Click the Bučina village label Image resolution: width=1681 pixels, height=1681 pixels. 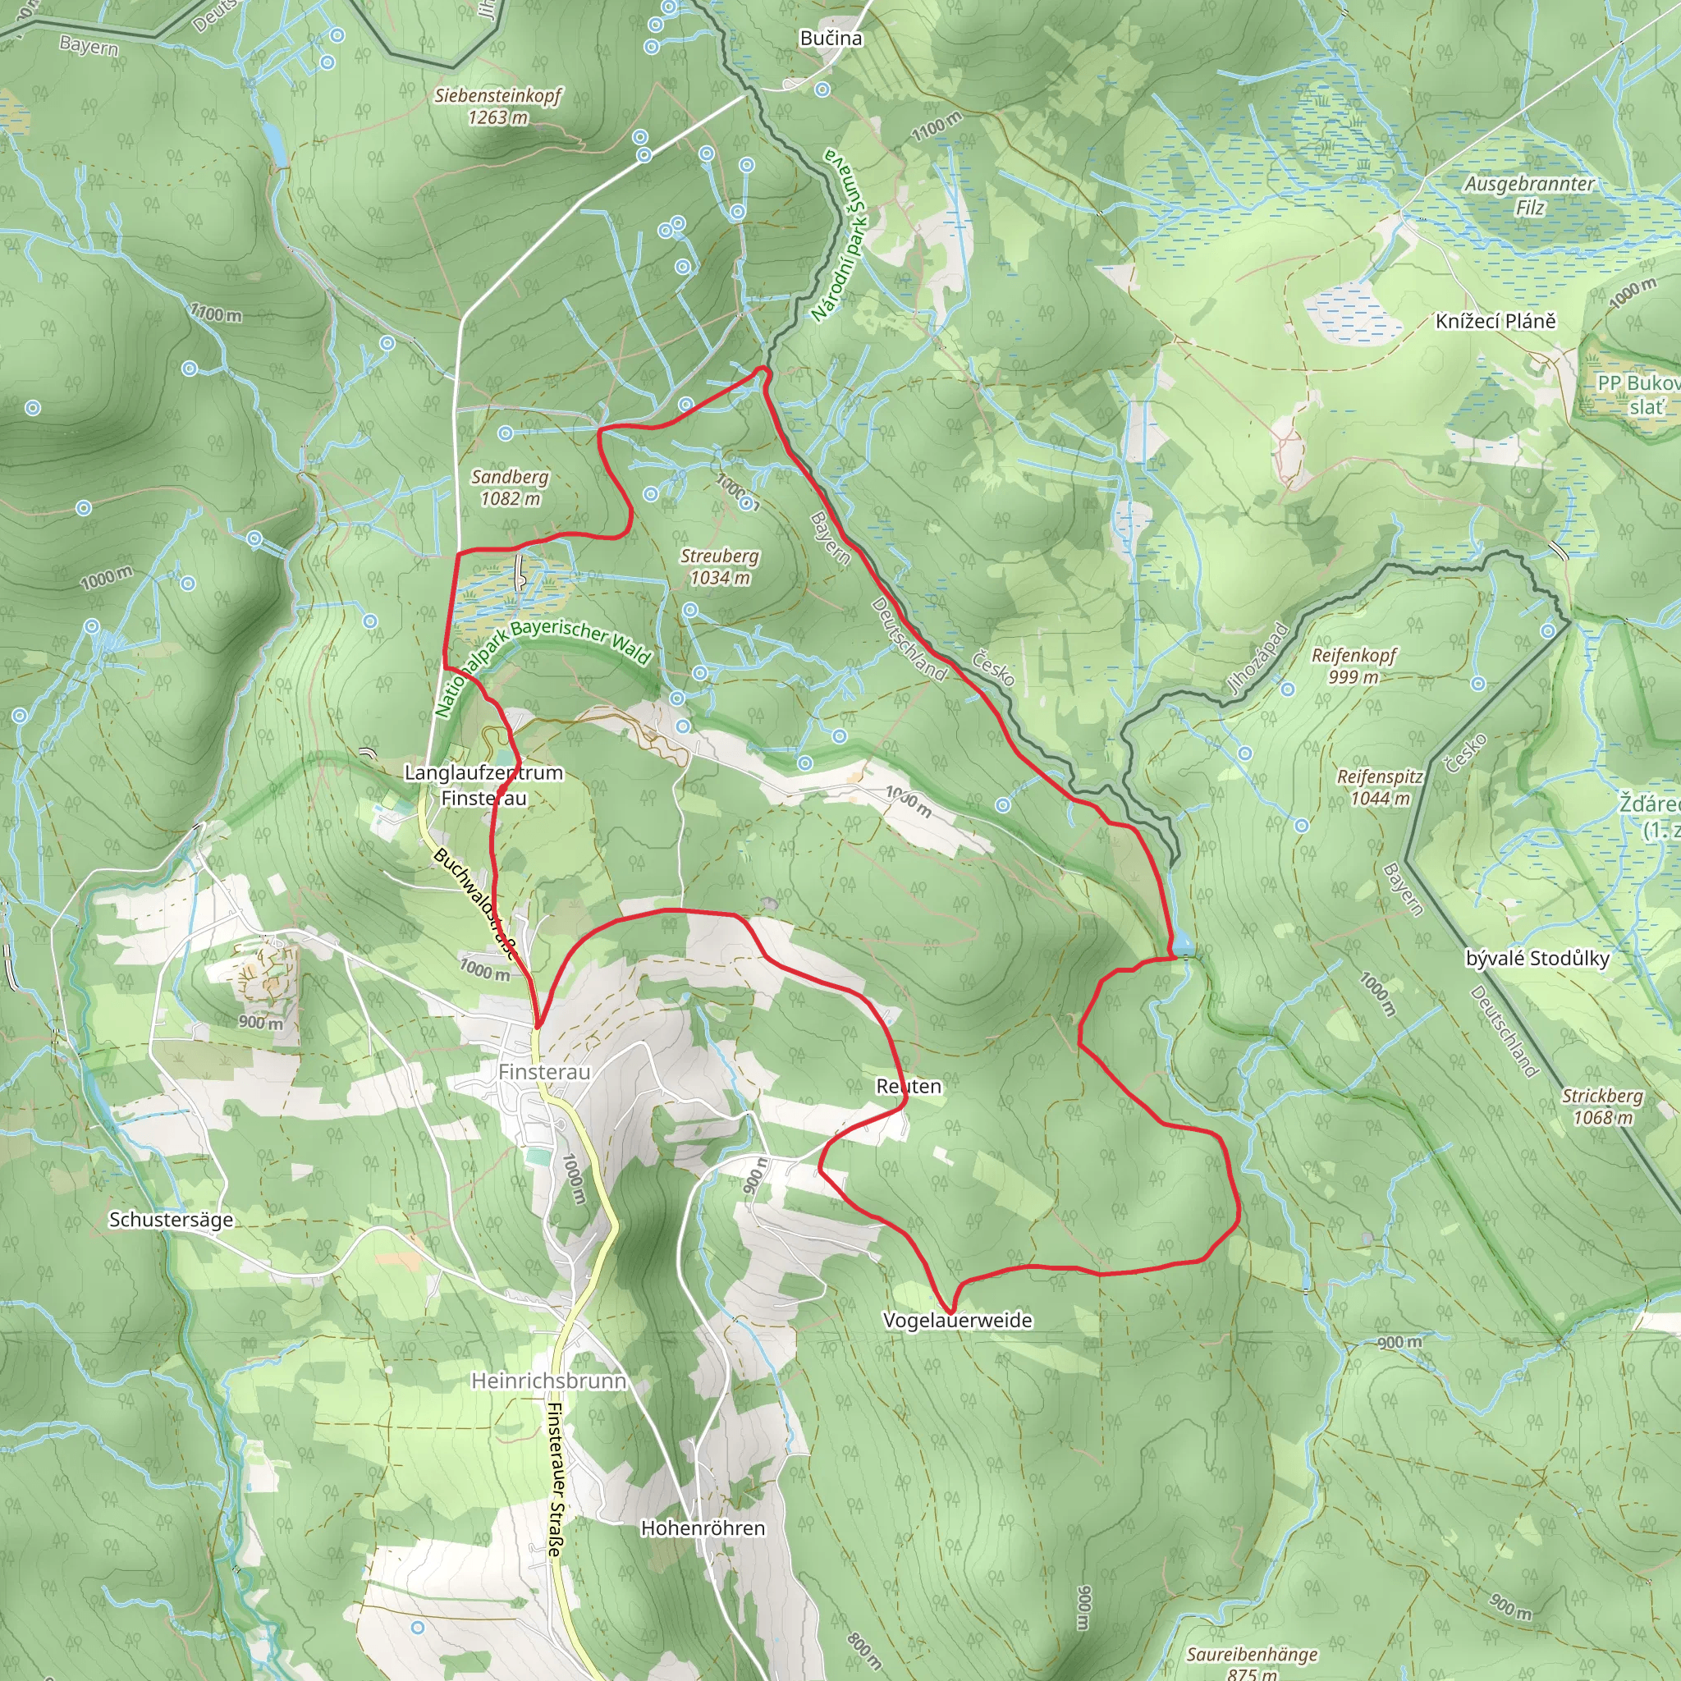pos(831,39)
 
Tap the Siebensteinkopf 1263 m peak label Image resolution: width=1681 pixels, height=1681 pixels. pos(498,106)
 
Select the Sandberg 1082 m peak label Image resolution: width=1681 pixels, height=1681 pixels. pos(510,488)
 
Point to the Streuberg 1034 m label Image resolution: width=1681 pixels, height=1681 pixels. pos(720,566)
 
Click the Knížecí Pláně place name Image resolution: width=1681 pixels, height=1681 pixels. pos(1495,321)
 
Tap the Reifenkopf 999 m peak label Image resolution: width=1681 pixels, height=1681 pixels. pos(1354,666)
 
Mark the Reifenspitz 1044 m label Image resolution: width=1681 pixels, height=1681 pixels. pos(1380,786)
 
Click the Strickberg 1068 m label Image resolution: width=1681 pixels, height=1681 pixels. pos(1602,1106)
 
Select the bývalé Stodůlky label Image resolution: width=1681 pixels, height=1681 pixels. pos(1537,958)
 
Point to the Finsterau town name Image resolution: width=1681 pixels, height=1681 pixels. pos(545,1072)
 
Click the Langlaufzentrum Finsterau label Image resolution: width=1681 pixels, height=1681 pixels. pos(483,785)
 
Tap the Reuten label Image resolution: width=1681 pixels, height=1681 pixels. pos(909,1086)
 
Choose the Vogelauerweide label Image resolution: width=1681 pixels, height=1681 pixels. pos(957,1320)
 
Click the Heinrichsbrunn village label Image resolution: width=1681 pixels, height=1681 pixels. pos(548,1381)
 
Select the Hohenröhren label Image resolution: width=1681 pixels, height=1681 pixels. pos(703,1528)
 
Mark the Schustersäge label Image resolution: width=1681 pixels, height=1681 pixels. pos(172,1219)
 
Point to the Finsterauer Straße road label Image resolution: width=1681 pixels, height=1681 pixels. pos(555,1479)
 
